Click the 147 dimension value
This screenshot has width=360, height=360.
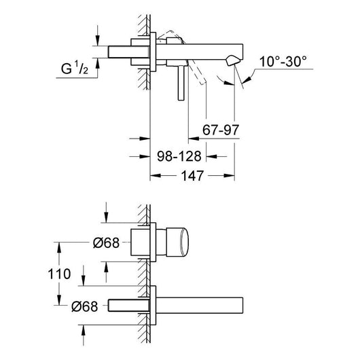(192, 176)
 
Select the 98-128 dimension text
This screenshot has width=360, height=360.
(179, 156)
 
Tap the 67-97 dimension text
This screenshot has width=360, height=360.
(221, 130)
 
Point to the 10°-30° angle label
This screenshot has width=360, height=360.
(283, 62)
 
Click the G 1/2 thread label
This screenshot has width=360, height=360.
(75, 68)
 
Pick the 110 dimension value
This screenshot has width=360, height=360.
(59, 274)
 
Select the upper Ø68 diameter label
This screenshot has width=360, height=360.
(106, 242)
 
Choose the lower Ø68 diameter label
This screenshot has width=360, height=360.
(85, 306)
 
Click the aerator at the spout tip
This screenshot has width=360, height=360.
(233, 61)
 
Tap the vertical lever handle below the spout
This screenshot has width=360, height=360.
(181, 83)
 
